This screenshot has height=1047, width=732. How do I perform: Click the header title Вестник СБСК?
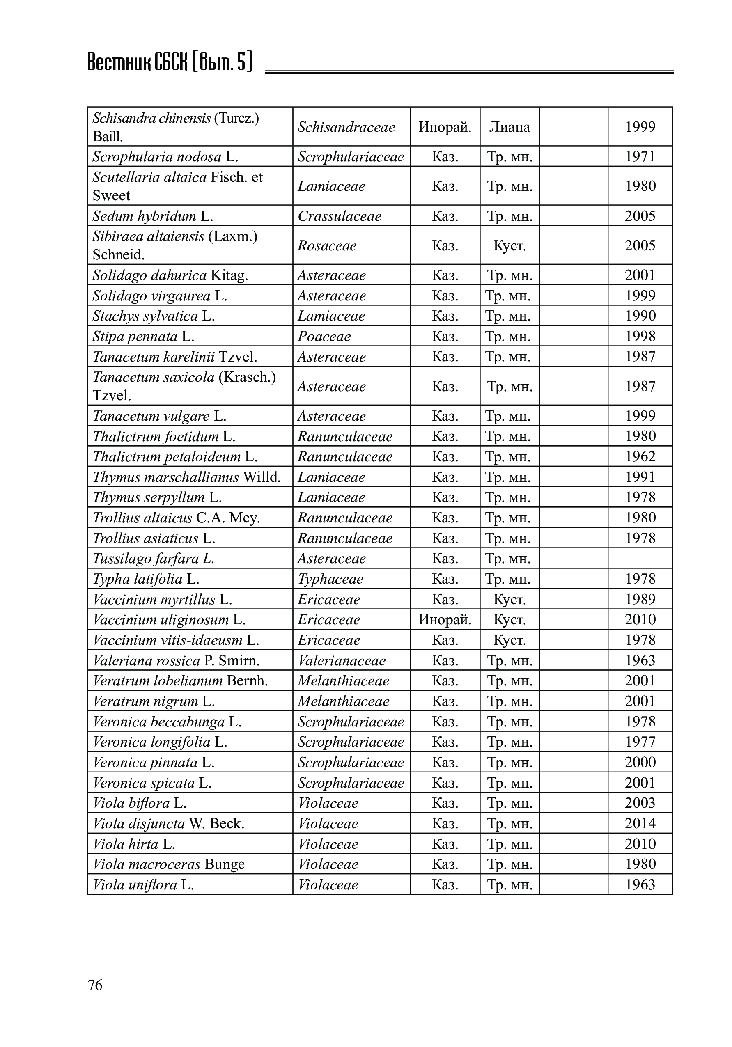(x=169, y=62)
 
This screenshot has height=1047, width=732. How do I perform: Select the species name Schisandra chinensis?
(x=151, y=118)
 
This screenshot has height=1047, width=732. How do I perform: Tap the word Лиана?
(x=509, y=127)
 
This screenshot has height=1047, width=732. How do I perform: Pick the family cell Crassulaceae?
(x=340, y=216)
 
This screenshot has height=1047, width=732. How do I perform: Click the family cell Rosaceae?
(x=327, y=245)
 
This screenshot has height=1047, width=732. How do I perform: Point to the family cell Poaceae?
(x=324, y=337)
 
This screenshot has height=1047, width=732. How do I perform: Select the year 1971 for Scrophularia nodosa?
(x=640, y=156)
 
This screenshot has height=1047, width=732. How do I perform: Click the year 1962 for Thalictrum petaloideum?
(x=640, y=456)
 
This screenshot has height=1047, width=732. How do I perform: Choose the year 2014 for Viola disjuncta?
(x=640, y=823)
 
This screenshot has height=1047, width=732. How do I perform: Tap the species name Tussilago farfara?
(x=153, y=559)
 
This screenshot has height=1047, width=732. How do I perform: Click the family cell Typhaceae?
(x=330, y=579)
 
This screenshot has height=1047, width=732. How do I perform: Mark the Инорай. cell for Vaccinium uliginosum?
(x=445, y=619)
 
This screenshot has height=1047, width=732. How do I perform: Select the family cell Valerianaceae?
(x=342, y=660)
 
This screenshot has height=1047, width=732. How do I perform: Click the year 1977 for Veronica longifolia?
(x=640, y=742)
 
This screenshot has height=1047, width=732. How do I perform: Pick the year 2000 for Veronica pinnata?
(x=640, y=762)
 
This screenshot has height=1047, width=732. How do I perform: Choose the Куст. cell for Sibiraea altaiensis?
(x=509, y=245)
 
